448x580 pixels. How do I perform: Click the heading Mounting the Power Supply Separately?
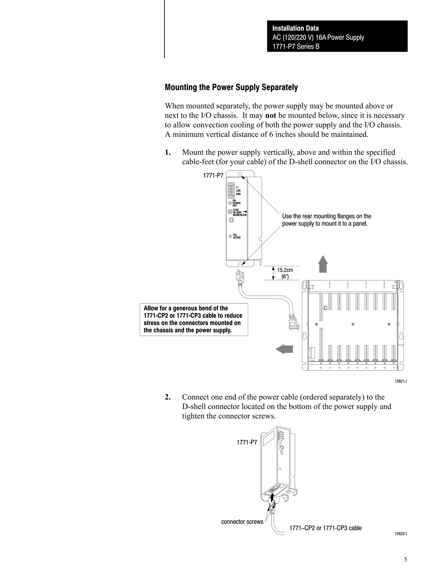pyautogui.click(x=231, y=87)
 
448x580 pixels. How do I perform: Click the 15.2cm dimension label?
pyautogui.click(x=285, y=270)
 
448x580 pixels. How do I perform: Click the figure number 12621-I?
pyautogui.click(x=401, y=381)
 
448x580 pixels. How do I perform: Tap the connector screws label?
pyautogui.click(x=242, y=522)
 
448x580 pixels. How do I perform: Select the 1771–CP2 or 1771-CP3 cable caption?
pyautogui.click(x=325, y=528)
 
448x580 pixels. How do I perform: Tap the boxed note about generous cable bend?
pyautogui.click(x=194, y=319)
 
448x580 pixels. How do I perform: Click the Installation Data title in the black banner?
pyautogui.click(x=295, y=28)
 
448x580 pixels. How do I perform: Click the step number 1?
pyautogui.click(x=168, y=152)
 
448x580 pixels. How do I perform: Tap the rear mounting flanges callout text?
pyautogui.click(x=326, y=220)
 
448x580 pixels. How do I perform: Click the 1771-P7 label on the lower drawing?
pyautogui.click(x=247, y=442)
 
